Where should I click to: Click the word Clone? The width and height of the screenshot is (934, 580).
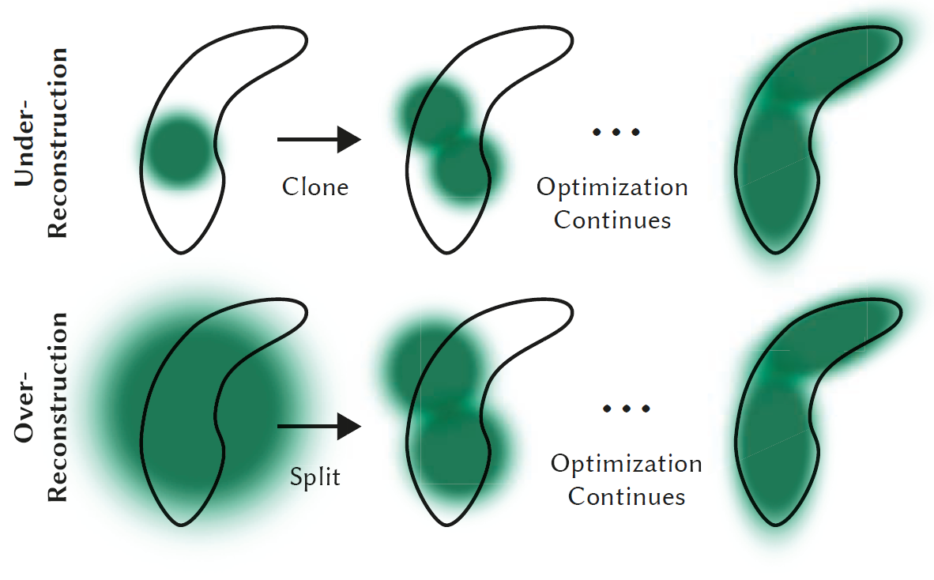point(315,187)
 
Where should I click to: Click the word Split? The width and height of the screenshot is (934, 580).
point(315,477)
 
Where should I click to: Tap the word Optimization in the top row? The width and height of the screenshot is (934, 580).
point(612,188)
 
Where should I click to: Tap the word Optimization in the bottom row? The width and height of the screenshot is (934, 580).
point(627,464)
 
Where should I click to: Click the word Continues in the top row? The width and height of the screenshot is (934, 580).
point(612,220)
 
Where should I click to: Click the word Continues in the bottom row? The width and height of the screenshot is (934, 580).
point(627,497)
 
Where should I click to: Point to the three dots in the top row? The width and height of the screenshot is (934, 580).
point(616,132)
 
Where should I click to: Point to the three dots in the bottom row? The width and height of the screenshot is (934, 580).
point(626,409)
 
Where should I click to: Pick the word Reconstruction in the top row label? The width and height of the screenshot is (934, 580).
point(58,142)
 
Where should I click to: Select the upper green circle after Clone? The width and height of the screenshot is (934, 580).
point(435,111)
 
